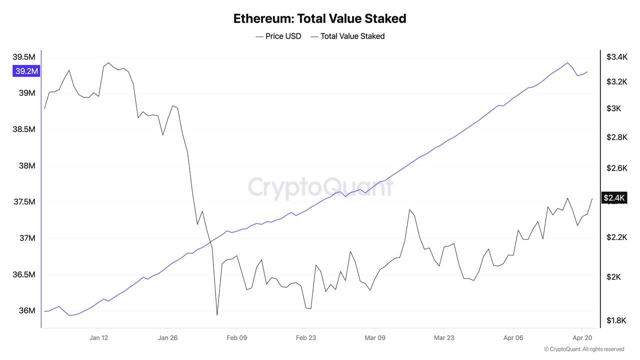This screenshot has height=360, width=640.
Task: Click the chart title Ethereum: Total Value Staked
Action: pos(319,19)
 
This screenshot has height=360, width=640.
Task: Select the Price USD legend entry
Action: pos(278,36)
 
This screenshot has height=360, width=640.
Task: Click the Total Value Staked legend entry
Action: pos(347,36)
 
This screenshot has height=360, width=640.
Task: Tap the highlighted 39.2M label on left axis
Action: pos(26,71)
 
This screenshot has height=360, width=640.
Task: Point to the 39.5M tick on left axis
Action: pos(24,57)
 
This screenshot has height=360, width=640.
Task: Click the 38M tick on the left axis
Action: pos(27,166)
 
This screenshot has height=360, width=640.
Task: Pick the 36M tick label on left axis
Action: pos(27,310)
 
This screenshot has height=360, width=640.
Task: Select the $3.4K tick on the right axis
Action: pos(616,57)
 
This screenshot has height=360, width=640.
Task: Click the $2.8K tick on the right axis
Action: pos(616,137)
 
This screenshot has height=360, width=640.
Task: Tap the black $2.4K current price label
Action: pos(614,198)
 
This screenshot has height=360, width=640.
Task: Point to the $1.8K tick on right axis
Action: pos(616,320)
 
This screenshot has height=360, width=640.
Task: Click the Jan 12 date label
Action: pos(98,338)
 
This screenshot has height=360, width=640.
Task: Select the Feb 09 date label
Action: pos(237,338)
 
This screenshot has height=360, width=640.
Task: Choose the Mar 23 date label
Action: pos(444,338)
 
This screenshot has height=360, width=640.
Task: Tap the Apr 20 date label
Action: pos(582,338)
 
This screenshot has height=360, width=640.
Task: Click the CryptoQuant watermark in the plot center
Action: pos(320,188)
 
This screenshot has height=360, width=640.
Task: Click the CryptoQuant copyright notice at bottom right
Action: pos(584,349)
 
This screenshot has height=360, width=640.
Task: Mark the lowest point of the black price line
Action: pos(217,315)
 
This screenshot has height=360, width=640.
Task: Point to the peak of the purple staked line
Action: pos(567,62)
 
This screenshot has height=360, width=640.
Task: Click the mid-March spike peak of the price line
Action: pos(409,209)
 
